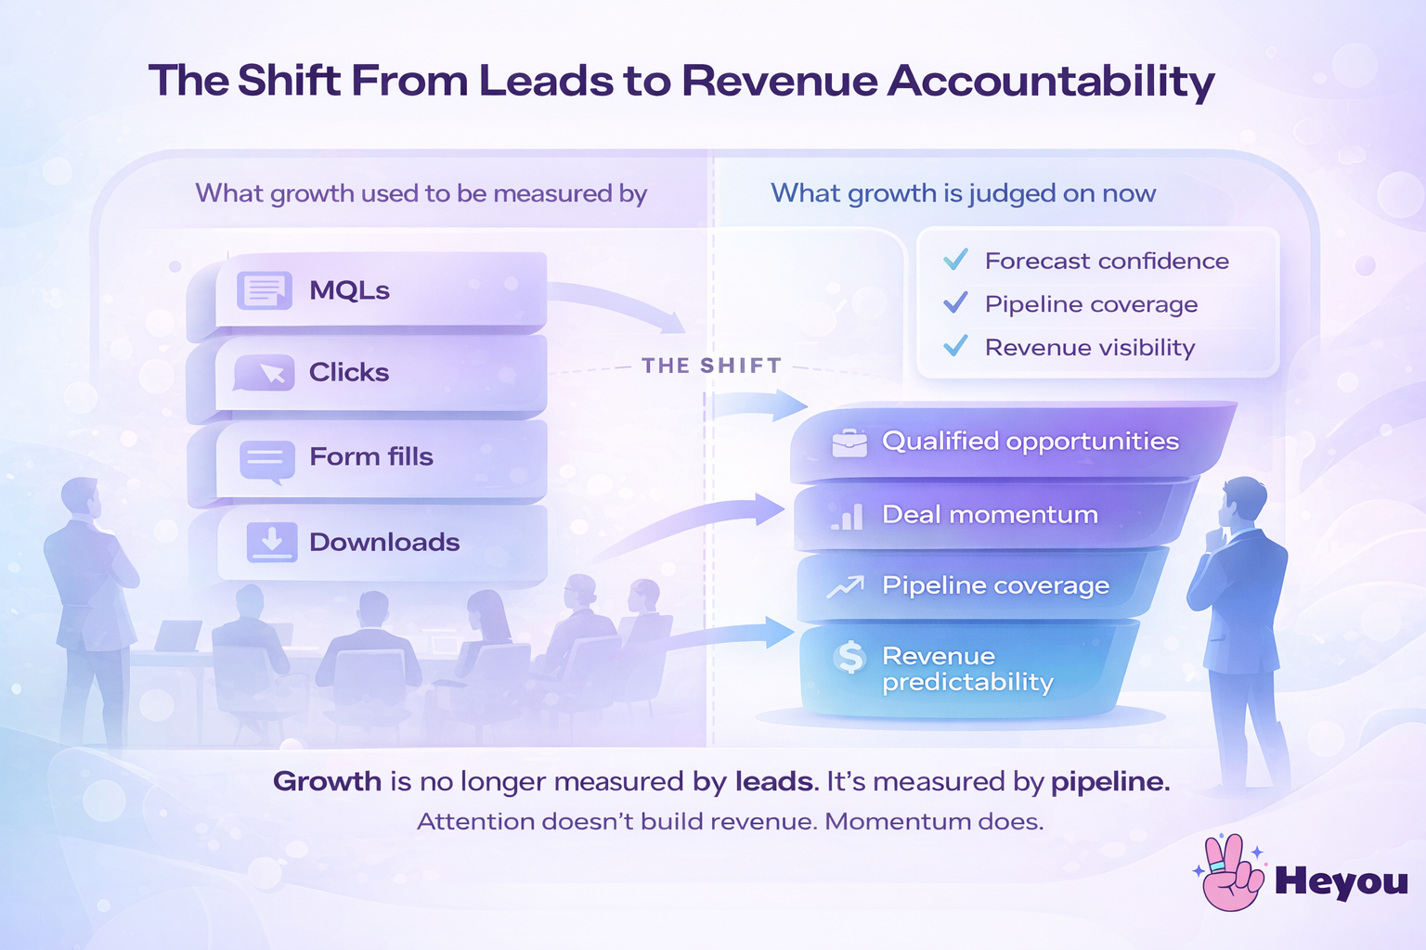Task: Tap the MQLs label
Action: pyautogui.click(x=349, y=290)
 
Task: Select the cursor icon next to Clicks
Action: pyautogui.click(x=266, y=373)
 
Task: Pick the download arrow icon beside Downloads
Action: pyautogui.click(x=272, y=542)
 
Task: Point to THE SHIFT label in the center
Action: pyautogui.click(x=711, y=366)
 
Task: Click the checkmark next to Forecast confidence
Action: pyautogui.click(x=955, y=260)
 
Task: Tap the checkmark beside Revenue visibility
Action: pyautogui.click(x=955, y=346)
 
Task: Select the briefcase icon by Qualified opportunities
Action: pyautogui.click(x=849, y=443)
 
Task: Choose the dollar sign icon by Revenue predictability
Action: pyautogui.click(x=849, y=658)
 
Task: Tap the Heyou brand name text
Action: pyautogui.click(x=1341, y=881)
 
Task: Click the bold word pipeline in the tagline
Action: pyautogui.click(x=1108, y=782)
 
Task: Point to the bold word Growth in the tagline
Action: pyautogui.click(x=327, y=782)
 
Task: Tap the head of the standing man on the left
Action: pyautogui.click(x=82, y=499)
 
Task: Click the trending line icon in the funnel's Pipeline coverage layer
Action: pyautogui.click(x=846, y=586)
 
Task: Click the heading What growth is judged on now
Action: pyautogui.click(x=963, y=194)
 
